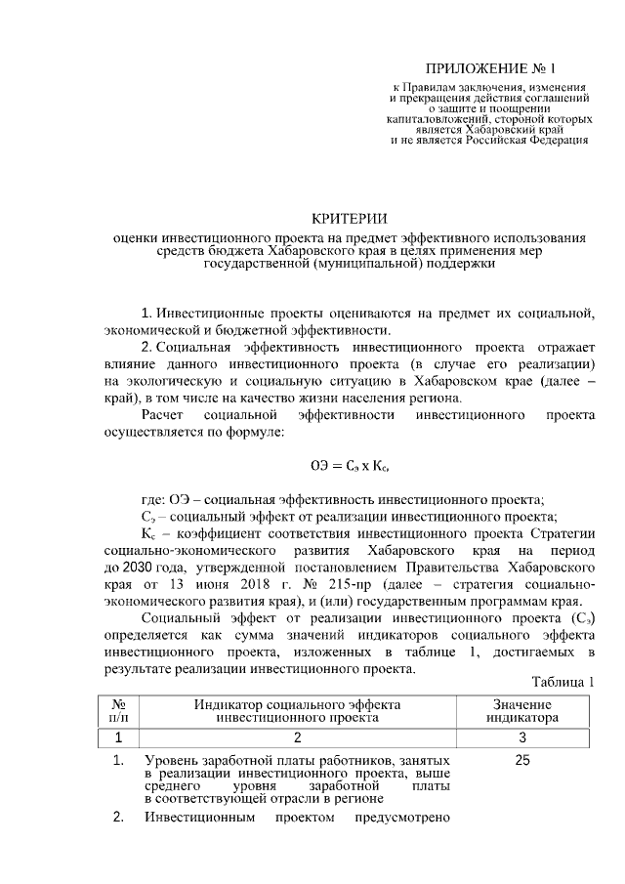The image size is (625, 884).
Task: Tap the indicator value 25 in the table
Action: pyautogui.click(x=521, y=760)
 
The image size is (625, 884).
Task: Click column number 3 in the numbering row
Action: pyautogui.click(x=522, y=737)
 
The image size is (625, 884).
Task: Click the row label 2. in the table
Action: pyautogui.click(x=118, y=818)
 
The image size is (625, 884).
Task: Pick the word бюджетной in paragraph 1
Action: pyautogui.click(x=271, y=331)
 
